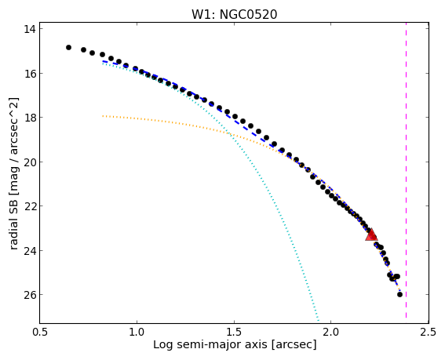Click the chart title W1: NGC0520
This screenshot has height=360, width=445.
pos(234,14)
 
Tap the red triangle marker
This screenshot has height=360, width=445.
pos(371,235)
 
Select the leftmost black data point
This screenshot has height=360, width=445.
pos(68,47)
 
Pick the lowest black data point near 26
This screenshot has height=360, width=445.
pos(399,294)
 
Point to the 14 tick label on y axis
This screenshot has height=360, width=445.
pos(29,29)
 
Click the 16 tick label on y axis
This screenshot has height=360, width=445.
pos(29,73)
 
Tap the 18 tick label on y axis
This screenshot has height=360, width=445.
pos(29,118)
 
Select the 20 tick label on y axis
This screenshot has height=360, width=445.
pos(29,162)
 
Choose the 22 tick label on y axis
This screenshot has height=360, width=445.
pos(29,206)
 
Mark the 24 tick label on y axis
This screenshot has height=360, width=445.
pos(29,250)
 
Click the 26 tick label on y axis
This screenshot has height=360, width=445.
pos(29,295)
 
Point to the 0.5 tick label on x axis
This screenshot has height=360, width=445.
pos(40,332)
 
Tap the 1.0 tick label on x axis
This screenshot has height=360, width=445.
pos(137,332)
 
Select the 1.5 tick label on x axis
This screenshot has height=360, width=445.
pos(235,332)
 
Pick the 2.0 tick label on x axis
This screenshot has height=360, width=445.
pos(331,332)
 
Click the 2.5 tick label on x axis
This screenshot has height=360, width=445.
pos(429,332)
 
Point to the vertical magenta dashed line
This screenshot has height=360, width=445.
pos(406,170)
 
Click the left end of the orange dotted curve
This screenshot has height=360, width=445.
pos(103,116)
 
